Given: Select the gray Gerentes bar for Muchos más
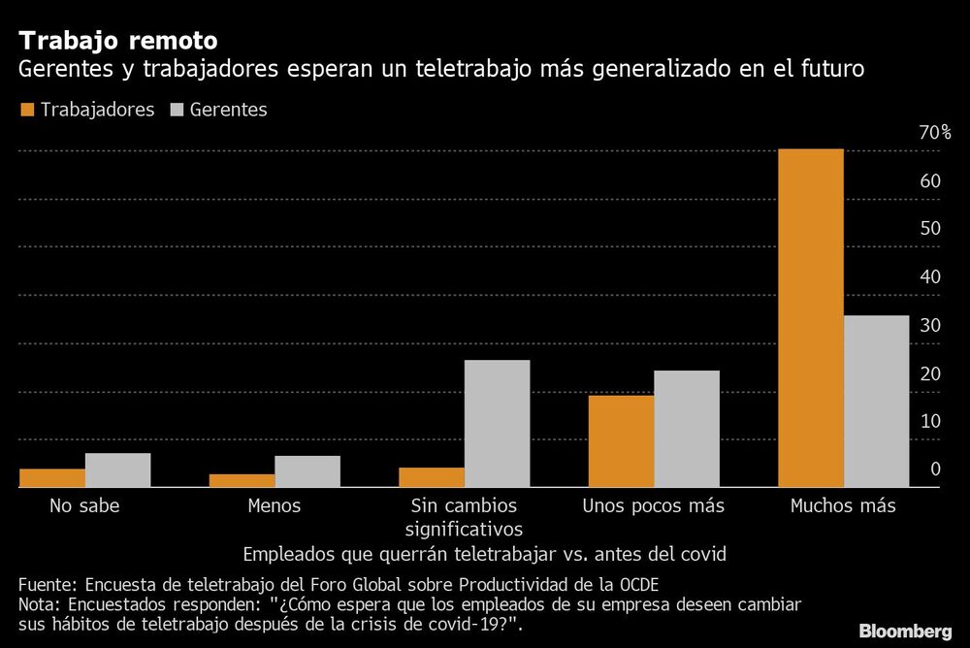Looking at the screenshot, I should [x=877, y=401].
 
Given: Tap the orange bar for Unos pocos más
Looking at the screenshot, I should [x=621, y=441].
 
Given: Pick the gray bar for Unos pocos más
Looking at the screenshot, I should [x=687, y=429].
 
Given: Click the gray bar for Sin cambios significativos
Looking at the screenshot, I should [x=497, y=423].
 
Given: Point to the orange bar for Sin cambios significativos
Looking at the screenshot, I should [x=432, y=477].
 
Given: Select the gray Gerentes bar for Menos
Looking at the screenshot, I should [x=307, y=471].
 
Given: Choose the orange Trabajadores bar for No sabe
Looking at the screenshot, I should [x=52, y=478].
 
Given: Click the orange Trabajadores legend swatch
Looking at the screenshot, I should [x=26, y=110].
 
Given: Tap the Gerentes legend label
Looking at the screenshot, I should [x=228, y=110].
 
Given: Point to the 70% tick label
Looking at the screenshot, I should [x=934, y=133].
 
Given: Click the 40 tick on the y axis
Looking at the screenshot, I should [x=930, y=276].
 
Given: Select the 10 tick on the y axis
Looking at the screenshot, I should [x=930, y=421].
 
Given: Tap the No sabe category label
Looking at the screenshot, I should [x=84, y=505].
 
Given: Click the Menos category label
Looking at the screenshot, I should [x=275, y=505].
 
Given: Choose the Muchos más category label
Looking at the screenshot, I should [x=843, y=505].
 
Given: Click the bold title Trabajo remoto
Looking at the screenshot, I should [x=117, y=41].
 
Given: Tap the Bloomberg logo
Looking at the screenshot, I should [x=905, y=632].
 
